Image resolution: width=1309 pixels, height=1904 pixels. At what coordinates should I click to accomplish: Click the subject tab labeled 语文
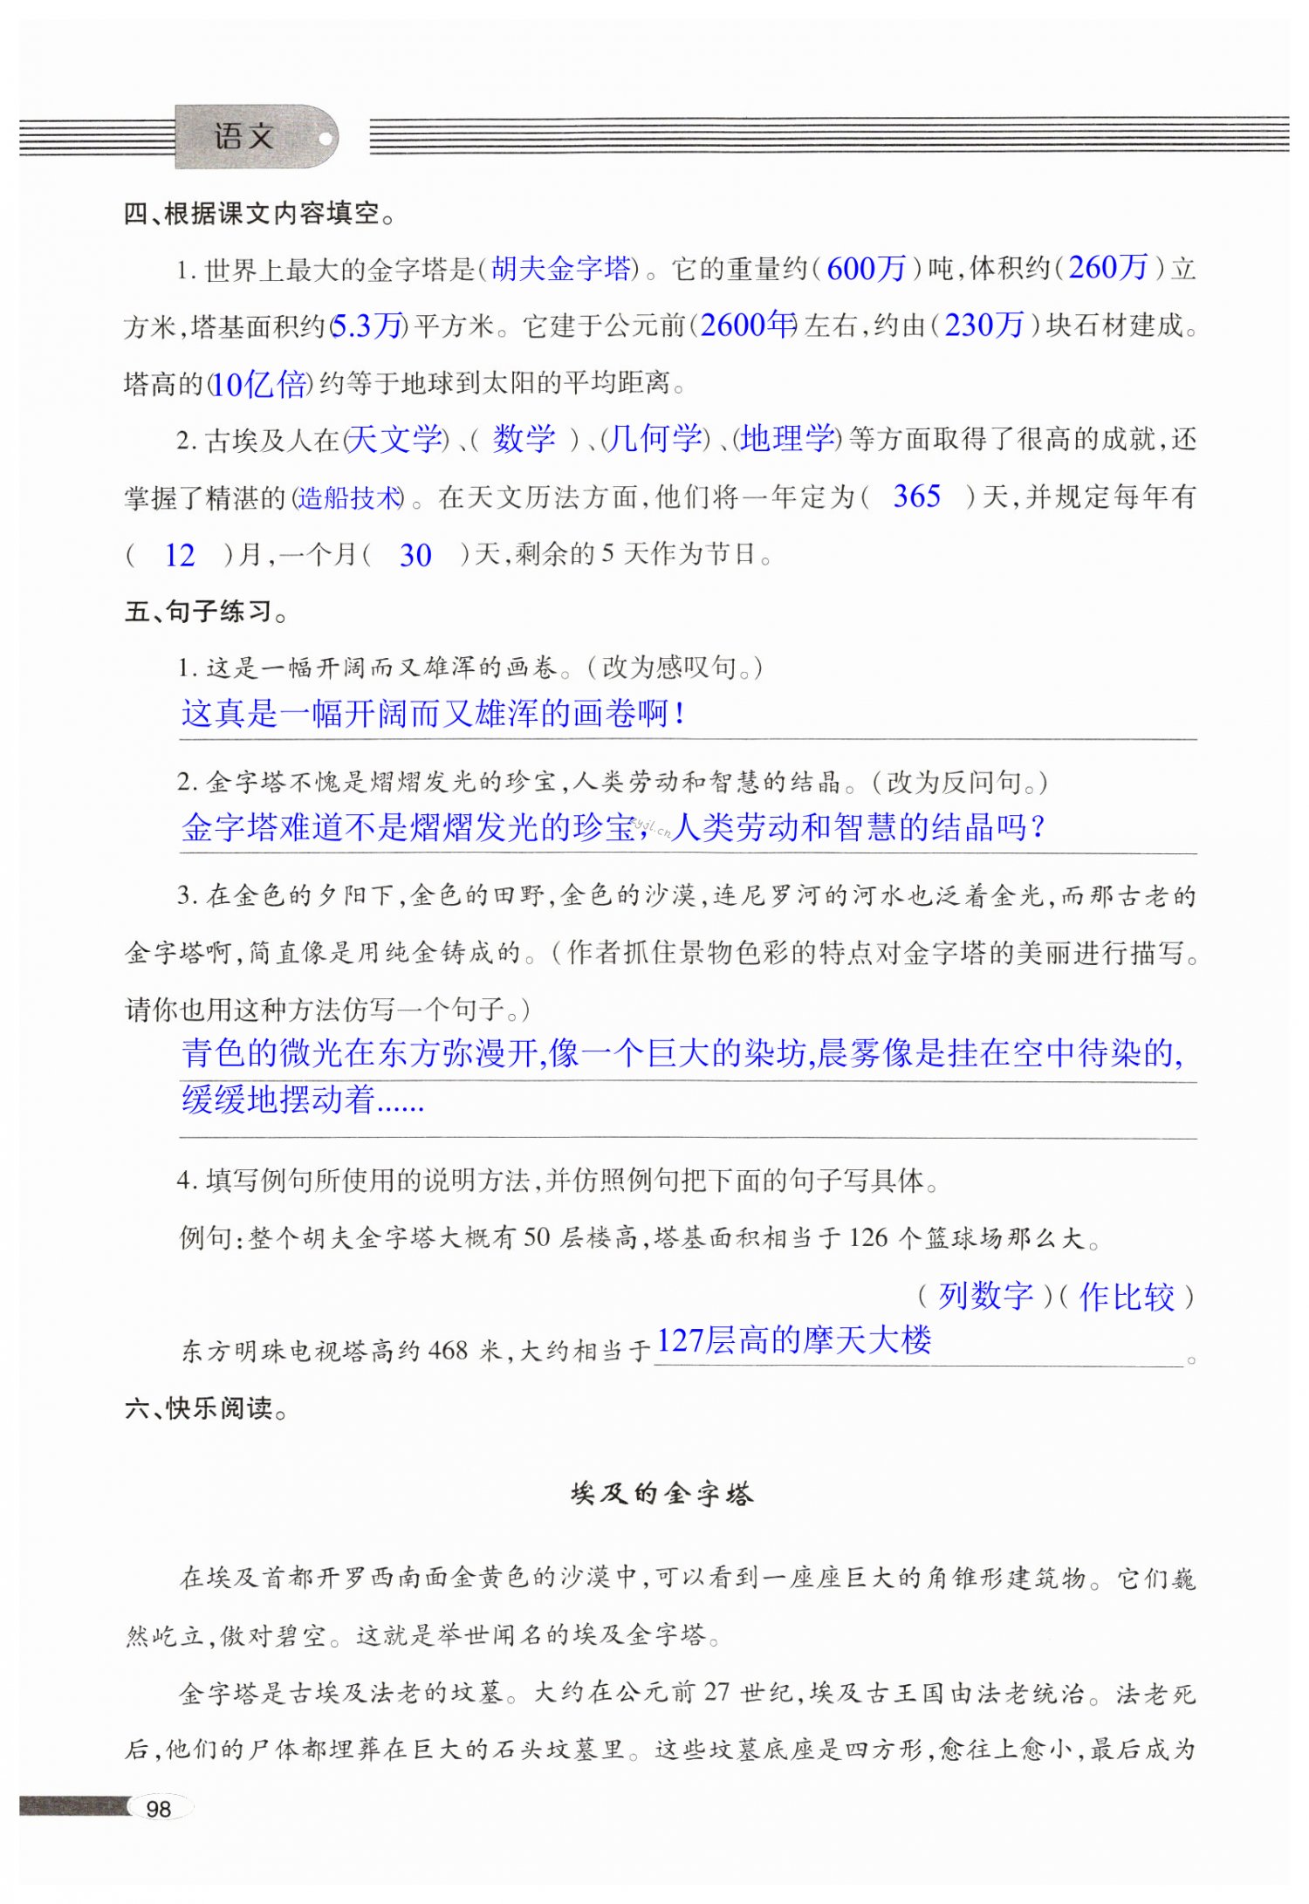[245, 137]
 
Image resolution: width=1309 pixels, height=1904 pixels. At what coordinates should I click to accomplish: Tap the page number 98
[159, 1809]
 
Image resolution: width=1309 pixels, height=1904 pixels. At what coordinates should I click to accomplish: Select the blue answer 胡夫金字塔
[561, 269]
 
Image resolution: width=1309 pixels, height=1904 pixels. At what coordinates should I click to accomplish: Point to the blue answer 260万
[1108, 268]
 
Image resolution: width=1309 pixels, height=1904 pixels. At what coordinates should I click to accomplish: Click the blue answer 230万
[984, 325]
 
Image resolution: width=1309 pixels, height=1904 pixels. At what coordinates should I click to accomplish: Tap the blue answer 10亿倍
[259, 384]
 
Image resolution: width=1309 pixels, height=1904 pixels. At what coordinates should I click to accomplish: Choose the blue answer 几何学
[654, 439]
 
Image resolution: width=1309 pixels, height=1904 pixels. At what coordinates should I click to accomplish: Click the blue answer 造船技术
[349, 498]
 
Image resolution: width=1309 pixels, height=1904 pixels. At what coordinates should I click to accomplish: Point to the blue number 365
[916, 497]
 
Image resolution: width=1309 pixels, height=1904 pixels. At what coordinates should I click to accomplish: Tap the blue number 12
[180, 556]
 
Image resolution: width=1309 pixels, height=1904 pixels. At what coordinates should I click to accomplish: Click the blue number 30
[415, 556]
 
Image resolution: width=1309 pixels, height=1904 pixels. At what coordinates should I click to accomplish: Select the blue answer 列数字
[985, 1296]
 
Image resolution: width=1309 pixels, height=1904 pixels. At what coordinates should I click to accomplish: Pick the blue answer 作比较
[1127, 1297]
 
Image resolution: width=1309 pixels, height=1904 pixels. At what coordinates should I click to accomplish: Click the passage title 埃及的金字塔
[661, 1495]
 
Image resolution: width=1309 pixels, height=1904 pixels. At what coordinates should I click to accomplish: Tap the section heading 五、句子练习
[205, 612]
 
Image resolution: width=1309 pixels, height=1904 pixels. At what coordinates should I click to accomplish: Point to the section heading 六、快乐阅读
[206, 1408]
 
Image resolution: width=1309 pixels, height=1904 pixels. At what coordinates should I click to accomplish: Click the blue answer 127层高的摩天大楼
[794, 1340]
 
